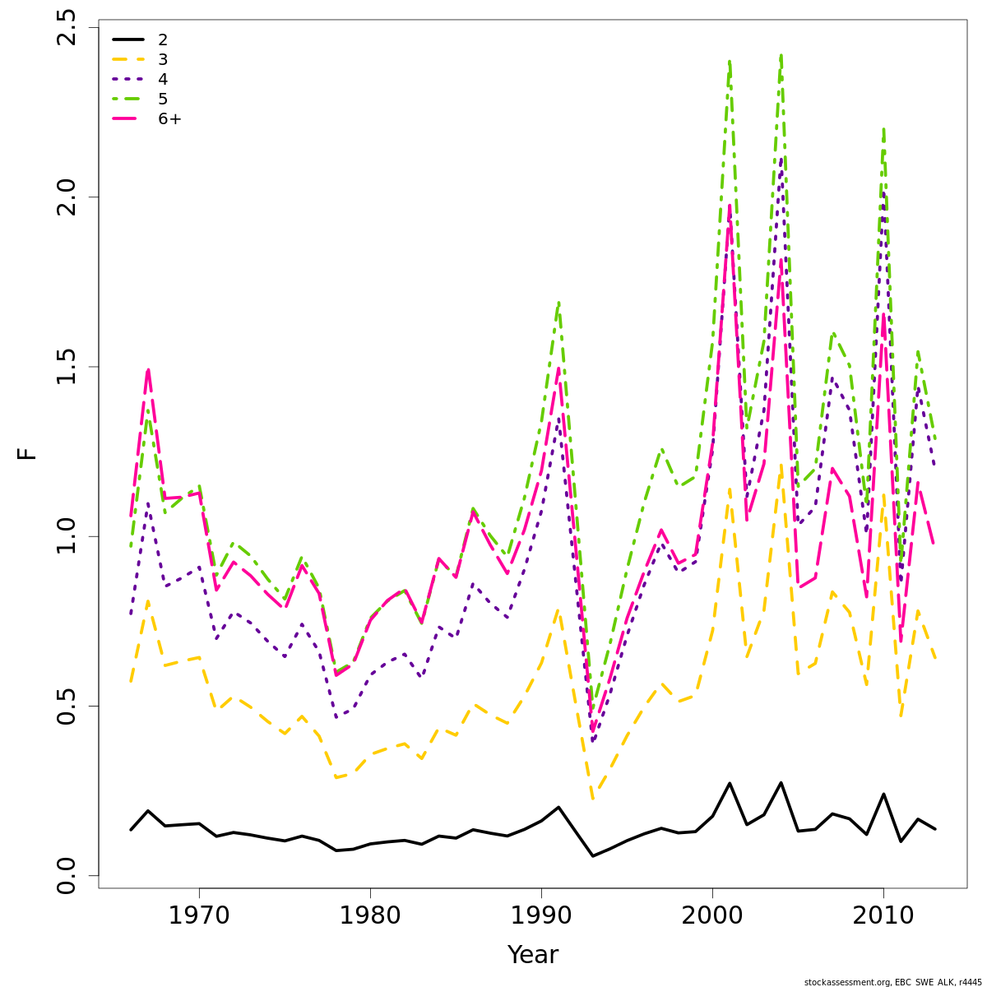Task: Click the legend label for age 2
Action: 163,39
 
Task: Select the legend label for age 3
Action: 163,59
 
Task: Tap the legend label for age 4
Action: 163,79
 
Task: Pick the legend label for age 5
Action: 163,99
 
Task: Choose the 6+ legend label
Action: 170,118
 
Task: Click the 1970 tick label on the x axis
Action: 199,915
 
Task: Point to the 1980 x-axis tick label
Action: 370,915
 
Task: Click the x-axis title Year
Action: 533,955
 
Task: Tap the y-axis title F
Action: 28,453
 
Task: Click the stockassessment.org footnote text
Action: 892,981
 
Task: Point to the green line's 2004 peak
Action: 781,56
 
